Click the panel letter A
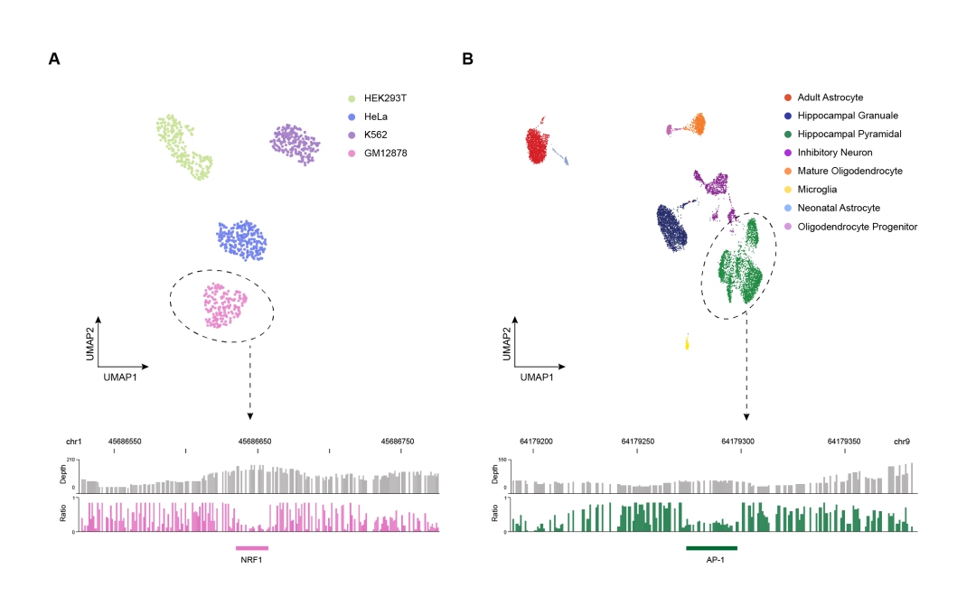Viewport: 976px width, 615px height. pos(54,59)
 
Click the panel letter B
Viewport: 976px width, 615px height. pos(468,59)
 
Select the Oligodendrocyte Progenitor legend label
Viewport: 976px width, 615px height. pos(857,227)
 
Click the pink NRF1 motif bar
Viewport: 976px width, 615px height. pos(252,548)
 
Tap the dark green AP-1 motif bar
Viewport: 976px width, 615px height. pos(711,548)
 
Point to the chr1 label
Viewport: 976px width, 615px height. pos(74,442)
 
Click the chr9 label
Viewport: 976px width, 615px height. pos(902,442)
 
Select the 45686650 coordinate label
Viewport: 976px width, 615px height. pos(255,442)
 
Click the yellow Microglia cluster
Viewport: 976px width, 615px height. pos(688,343)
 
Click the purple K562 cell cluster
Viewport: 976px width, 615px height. pos(296,144)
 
